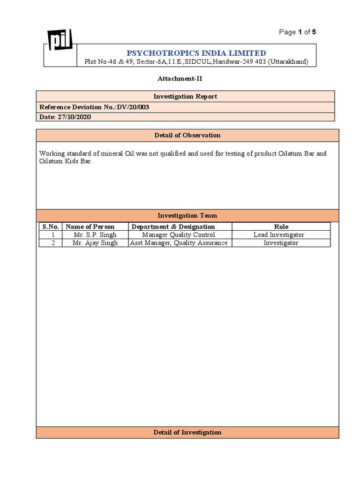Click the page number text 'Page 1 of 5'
(x=298, y=32)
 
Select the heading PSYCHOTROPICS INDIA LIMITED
(x=196, y=53)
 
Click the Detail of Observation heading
(x=187, y=135)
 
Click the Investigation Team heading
(x=187, y=216)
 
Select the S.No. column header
(x=51, y=226)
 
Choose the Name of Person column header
(x=90, y=226)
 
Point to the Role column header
(x=281, y=226)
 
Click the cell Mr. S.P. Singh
(x=95, y=235)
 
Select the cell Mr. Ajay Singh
(x=95, y=243)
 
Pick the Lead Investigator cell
(x=279, y=235)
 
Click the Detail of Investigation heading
(x=187, y=432)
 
